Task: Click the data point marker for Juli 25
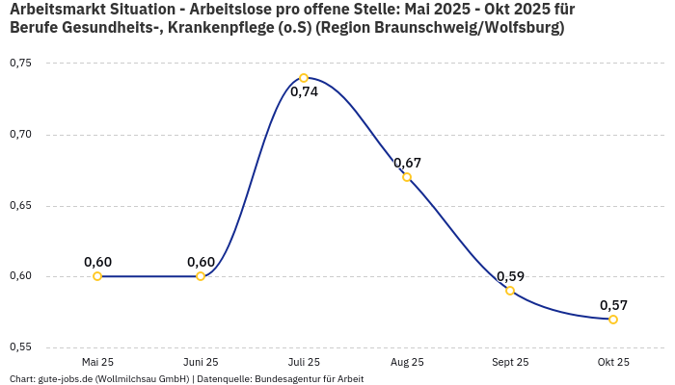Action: click(304, 78)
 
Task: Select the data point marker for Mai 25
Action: click(97, 276)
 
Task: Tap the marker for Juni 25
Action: click(201, 276)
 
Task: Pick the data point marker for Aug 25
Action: click(407, 177)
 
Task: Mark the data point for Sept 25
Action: click(510, 291)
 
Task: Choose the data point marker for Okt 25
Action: click(613, 320)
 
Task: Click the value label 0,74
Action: click(304, 92)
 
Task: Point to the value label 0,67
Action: click(407, 163)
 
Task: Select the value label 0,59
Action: click(510, 276)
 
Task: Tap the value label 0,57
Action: click(613, 305)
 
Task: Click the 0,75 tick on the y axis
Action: click(20, 64)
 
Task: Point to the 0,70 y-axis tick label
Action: click(20, 135)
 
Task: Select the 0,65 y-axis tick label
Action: click(20, 206)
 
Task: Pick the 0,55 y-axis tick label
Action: click(20, 347)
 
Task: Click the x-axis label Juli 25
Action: click(304, 363)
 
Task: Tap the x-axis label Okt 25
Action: click(613, 363)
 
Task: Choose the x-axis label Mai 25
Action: click(97, 363)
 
